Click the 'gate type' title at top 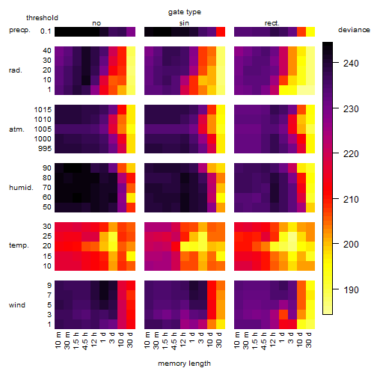pos(185,12)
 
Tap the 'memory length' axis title pos(184,364)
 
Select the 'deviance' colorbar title pos(354,30)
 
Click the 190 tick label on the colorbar pos(351,289)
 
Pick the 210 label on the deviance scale pos(351,199)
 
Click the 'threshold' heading pos(42,18)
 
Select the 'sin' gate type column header pos(184,23)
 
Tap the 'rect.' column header pos(272,23)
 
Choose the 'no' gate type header pos(96,23)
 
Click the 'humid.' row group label pos(21,188)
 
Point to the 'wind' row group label pos(17,305)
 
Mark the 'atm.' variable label pos(16,129)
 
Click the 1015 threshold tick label pos(43,110)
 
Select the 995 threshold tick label pos(45,149)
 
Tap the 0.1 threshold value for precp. pos(46,31)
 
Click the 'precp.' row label pos(19,30)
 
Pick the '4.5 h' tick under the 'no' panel pos(85,341)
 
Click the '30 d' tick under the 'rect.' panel pos(309,340)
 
